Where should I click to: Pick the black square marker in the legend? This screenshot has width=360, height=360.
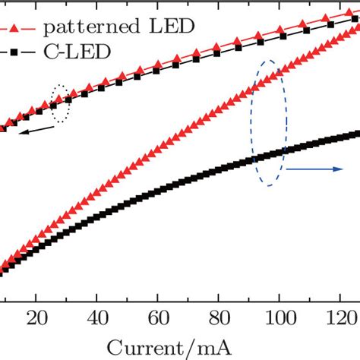coord(14,52)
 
